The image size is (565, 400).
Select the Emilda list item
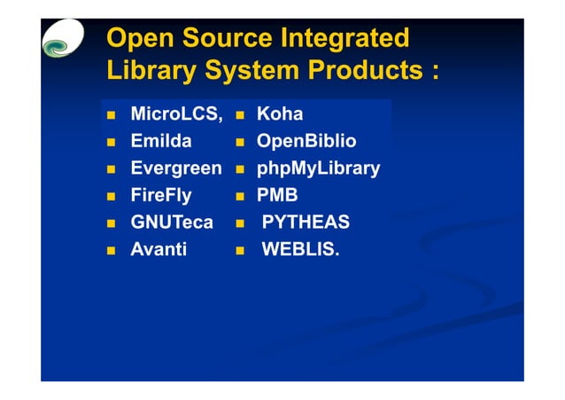pos(161,141)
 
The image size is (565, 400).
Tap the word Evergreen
pos(175,169)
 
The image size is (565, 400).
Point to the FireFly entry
pos(161,195)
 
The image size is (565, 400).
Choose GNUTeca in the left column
pos(172,223)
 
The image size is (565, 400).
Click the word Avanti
pos(159,249)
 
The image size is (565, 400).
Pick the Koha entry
pos(280,114)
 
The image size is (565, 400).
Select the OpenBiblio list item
pos(306,141)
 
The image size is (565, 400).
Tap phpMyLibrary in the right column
pos(318,169)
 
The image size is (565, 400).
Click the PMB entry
pos(277,195)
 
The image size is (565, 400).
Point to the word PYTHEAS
pos(306,223)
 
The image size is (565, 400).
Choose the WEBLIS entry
pos(299,249)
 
